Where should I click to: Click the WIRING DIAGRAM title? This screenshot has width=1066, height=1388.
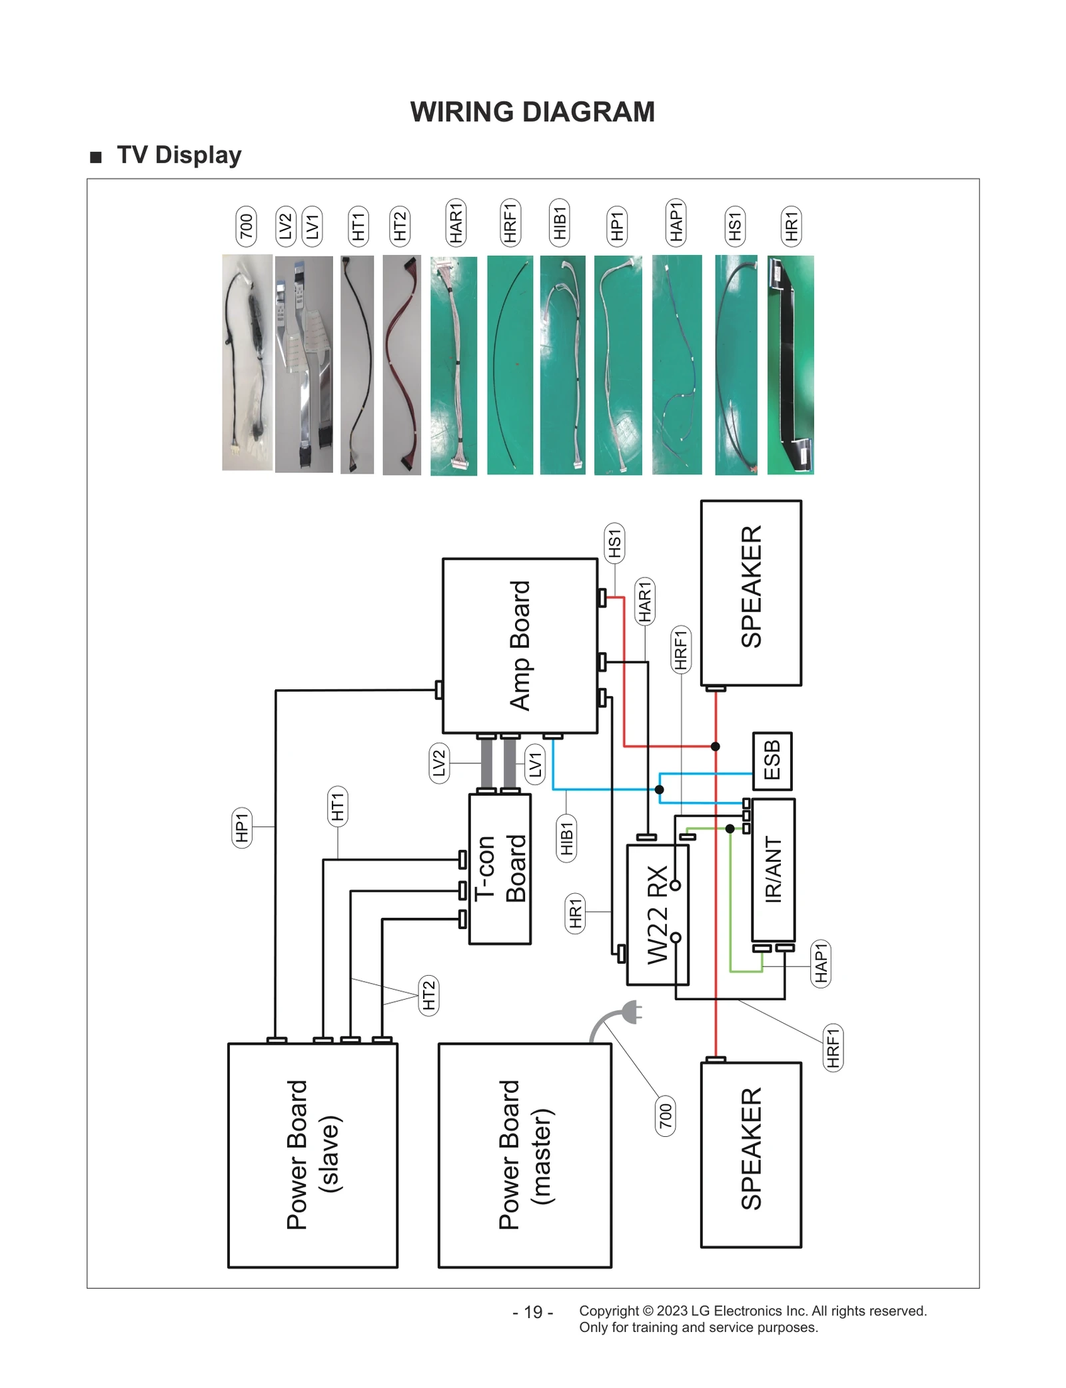pos(532,112)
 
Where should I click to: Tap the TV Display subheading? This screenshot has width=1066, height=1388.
pos(179,155)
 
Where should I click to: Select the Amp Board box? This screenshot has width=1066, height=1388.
pos(520,645)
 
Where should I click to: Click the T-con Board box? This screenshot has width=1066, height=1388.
pos(500,868)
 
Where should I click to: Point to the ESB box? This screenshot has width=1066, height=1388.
pos(772,761)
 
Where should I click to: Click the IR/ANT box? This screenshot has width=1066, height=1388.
pos(773,869)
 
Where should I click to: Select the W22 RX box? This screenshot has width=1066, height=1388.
pos(657,914)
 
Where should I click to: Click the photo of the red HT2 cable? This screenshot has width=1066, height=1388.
pos(402,365)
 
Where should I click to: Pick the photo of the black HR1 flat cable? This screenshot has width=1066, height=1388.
pos(790,365)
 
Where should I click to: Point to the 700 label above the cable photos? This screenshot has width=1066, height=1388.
pos(247,226)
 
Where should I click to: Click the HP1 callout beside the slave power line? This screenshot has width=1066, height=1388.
pos(241,827)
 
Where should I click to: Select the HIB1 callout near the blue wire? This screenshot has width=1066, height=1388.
pos(566,838)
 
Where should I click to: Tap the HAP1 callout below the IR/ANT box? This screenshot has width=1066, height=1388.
pos(821,963)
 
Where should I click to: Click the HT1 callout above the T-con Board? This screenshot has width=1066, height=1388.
pos(338,806)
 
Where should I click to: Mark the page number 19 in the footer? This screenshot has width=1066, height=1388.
pos(533,1312)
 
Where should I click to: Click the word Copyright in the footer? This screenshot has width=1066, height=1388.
pos(608,1311)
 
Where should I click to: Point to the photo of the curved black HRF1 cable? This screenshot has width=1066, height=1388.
pos(510,365)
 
